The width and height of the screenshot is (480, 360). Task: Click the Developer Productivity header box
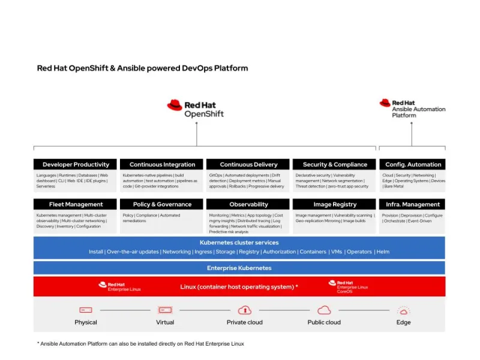click(x=76, y=164)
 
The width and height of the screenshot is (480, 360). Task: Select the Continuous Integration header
click(x=162, y=164)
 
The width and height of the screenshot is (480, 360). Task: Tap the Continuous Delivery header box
click(x=248, y=164)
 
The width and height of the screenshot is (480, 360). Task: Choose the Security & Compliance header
click(x=335, y=164)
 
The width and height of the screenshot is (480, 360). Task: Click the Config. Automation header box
click(x=413, y=164)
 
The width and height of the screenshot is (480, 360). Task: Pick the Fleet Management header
click(x=76, y=205)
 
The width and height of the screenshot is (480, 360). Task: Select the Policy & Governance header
click(x=162, y=205)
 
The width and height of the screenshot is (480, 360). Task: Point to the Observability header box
click(x=248, y=205)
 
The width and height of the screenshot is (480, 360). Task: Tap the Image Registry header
click(x=335, y=205)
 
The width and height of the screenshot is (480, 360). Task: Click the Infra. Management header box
click(x=413, y=205)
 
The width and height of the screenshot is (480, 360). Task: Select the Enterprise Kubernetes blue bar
click(x=239, y=268)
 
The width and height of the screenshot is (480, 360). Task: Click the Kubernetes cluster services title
click(x=239, y=242)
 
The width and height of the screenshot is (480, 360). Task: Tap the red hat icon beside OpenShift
click(x=175, y=106)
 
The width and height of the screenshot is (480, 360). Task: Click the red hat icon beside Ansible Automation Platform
click(x=385, y=103)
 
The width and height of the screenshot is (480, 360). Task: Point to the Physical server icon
click(x=86, y=310)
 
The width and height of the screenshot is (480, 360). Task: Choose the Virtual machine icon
click(x=165, y=310)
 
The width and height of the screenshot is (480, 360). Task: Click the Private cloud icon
click(x=244, y=310)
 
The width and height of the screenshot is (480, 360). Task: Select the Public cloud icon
click(x=324, y=310)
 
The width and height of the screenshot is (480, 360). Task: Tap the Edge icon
click(x=404, y=310)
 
